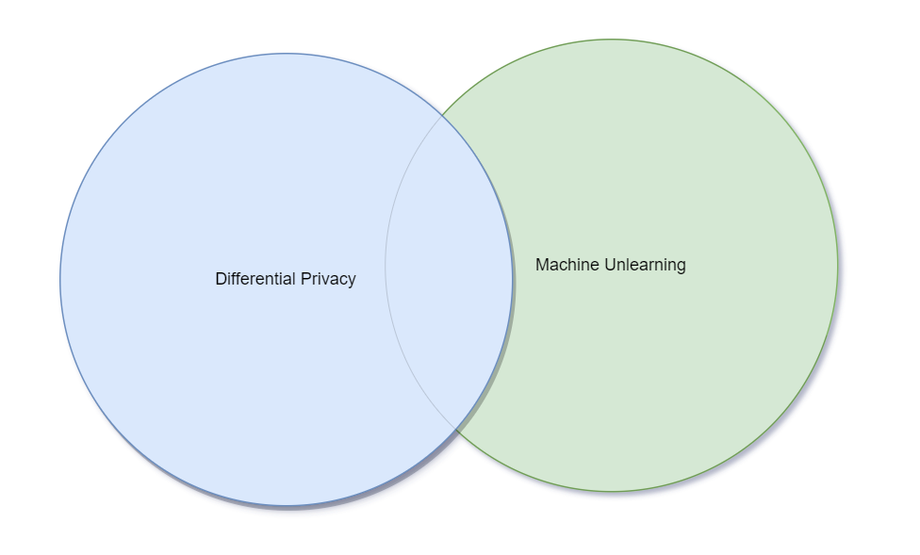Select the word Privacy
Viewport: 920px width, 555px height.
pyautogui.click(x=328, y=279)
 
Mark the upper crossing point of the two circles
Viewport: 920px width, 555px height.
pyautogui.click(x=441, y=116)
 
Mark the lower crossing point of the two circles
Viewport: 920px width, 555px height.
pyautogui.click(x=456, y=430)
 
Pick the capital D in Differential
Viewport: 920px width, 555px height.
pyautogui.click(x=221, y=279)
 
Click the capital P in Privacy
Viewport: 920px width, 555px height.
pyautogui.click(x=305, y=279)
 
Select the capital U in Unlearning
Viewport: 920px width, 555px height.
pyautogui.click(x=610, y=265)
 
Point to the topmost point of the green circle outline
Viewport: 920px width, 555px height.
pyautogui.click(x=612, y=40)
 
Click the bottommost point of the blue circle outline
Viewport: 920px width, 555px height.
pyautogui.click(x=287, y=505)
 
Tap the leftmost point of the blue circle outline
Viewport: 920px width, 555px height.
pyautogui.click(x=60, y=279)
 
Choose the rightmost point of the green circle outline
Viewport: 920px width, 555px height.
pyautogui.click(x=837, y=265)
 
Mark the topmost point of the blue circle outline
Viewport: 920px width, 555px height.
pyautogui.click(x=287, y=54)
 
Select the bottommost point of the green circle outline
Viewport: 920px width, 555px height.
pyautogui.click(x=612, y=491)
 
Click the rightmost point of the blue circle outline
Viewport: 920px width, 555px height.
pyautogui.click(x=513, y=279)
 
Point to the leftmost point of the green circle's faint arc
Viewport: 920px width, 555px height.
pyautogui.click(x=386, y=265)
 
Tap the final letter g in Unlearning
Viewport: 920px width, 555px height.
pyautogui.click(x=681, y=267)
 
